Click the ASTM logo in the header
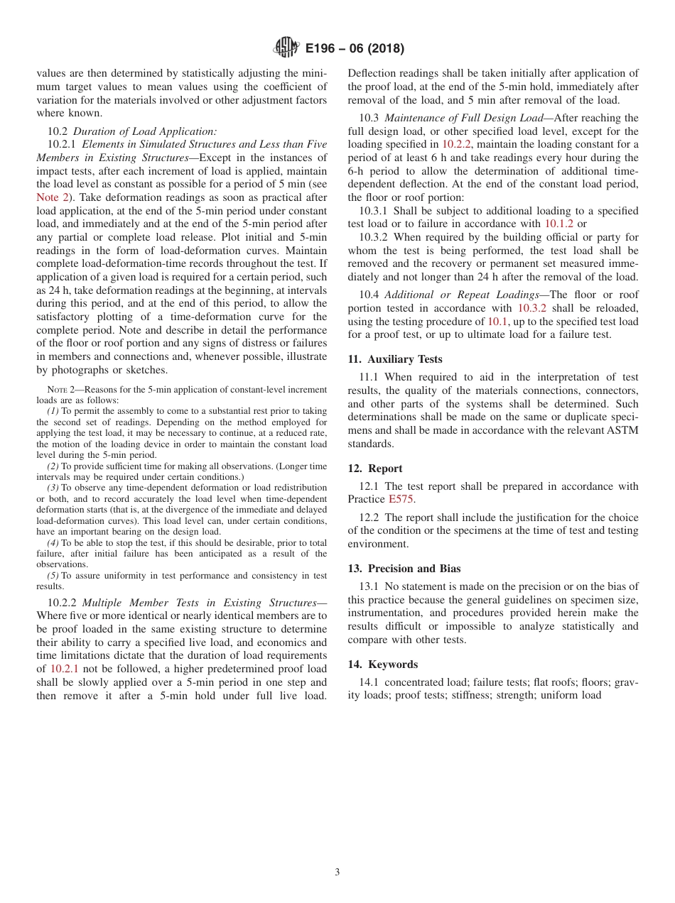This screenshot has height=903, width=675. click(x=286, y=48)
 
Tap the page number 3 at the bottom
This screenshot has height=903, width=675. click(x=337, y=872)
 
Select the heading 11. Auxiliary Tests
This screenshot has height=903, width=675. click(x=394, y=359)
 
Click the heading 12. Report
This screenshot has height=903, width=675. click(x=374, y=469)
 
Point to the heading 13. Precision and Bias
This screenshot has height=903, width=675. click(x=404, y=568)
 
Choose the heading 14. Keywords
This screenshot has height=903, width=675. click(x=382, y=664)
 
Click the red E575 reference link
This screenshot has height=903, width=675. click(x=401, y=499)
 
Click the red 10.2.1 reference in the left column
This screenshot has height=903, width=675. click(x=64, y=669)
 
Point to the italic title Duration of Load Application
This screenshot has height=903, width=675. click(x=145, y=131)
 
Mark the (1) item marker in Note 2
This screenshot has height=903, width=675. click(x=53, y=411)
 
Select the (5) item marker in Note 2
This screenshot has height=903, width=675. click(x=53, y=576)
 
